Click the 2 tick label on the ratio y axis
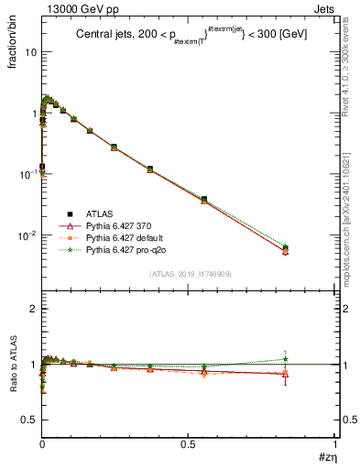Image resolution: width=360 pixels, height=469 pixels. (33, 309)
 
